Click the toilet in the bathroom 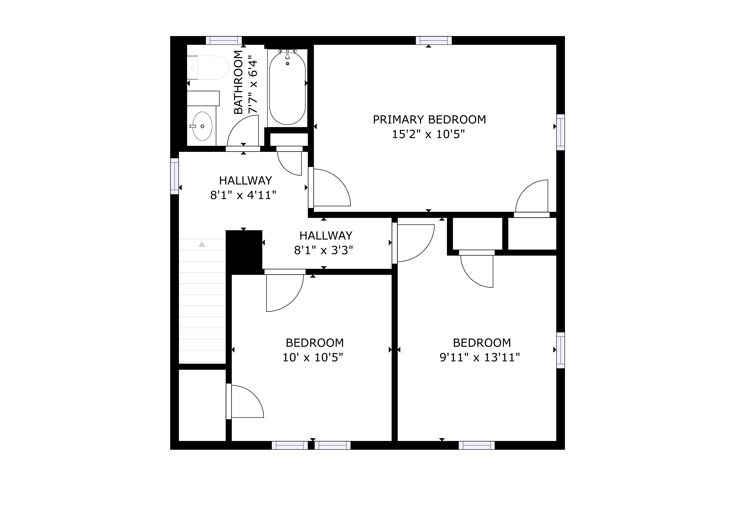pyautogui.click(x=208, y=68)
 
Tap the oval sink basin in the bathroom pyautogui.click(x=202, y=126)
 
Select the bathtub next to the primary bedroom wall pyautogui.click(x=288, y=88)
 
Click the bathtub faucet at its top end pyautogui.click(x=288, y=55)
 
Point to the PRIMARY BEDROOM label pyautogui.click(x=429, y=120)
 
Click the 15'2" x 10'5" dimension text pyautogui.click(x=428, y=134)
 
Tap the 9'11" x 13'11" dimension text pyautogui.click(x=479, y=357)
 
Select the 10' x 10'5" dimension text pyautogui.click(x=313, y=357)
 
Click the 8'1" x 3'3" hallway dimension pyautogui.click(x=323, y=250)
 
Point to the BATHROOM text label pyautogui.click(x=238, y=82)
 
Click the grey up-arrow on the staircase pyautogui.click(x=202, y=244)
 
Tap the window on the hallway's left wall pyautogui.click(x=174, y=176)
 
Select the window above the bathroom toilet pyautogui.click(x=224, y=41)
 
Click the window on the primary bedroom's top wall pyautogui.click(x=434, y=41)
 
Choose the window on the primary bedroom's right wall pyautogui.click(x=561, y=132)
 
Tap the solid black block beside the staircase pyautogui.click(x=244, y=252)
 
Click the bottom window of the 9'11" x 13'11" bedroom pyautogui.click(x=477, y=445)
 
